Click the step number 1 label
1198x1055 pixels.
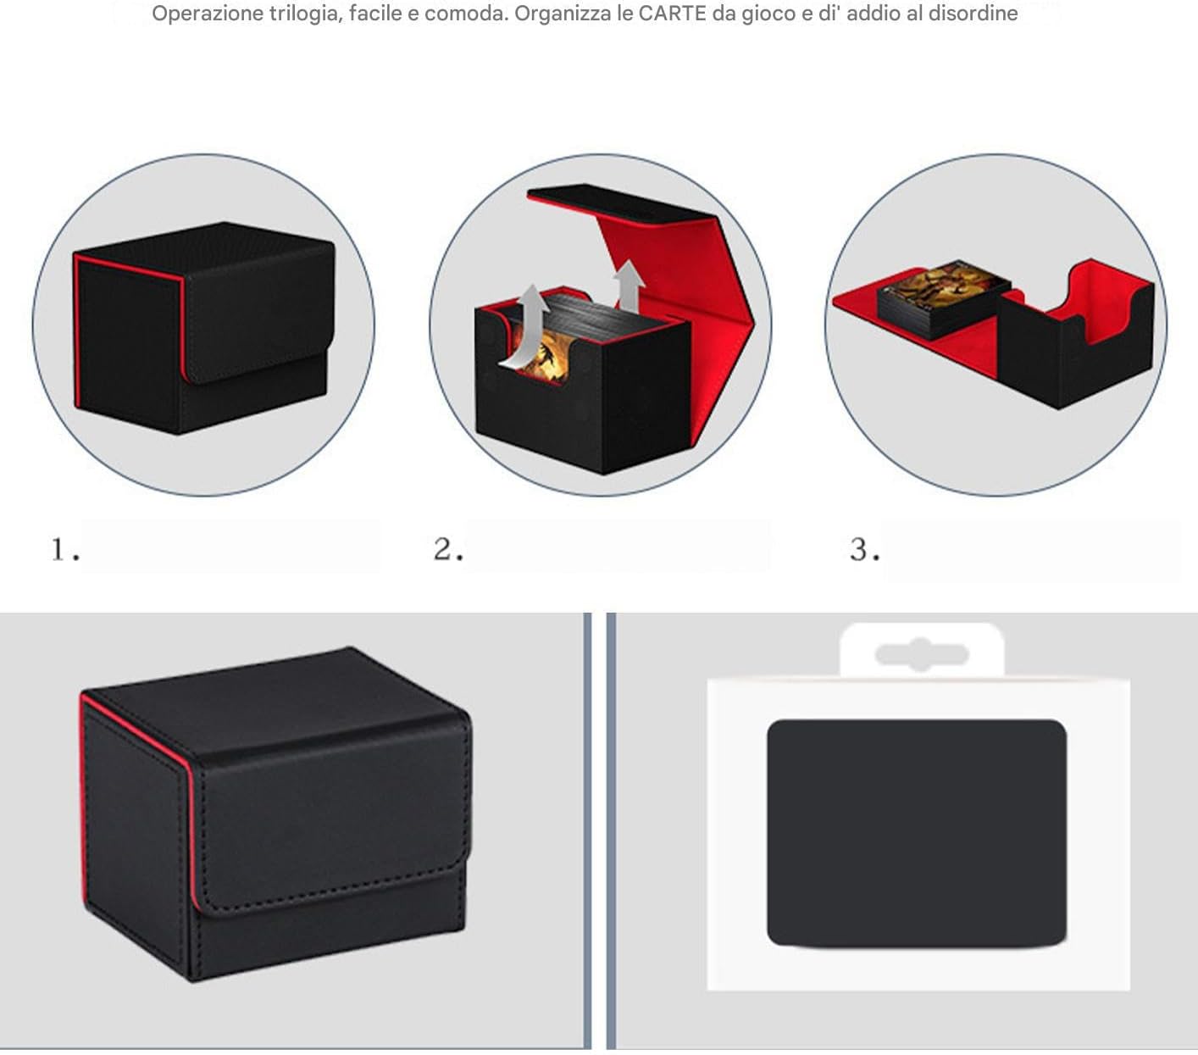64,549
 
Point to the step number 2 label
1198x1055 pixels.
448,549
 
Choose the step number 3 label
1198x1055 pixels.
865,549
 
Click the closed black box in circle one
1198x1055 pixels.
204,328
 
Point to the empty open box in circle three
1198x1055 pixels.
1076,334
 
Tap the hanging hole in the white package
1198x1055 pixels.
921,654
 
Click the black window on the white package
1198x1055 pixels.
917,833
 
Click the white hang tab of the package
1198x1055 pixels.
921,651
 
